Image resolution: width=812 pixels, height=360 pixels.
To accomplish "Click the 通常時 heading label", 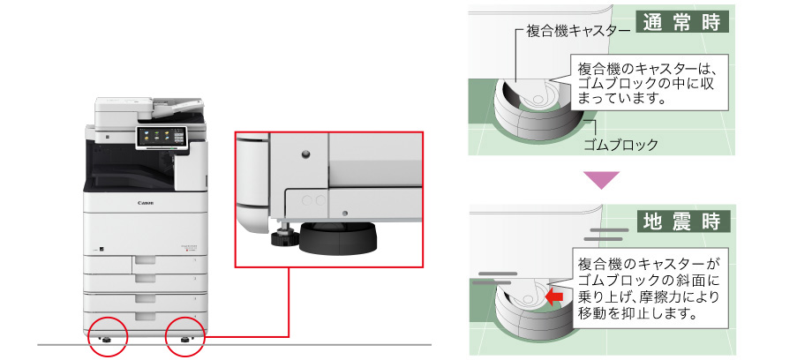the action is point(681,23).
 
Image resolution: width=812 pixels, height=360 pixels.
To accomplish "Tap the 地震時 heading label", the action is point(681,221).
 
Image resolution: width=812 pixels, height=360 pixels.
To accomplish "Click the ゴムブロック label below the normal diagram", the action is point(620,144).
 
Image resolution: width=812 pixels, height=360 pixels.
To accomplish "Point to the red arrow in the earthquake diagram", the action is point(554,296).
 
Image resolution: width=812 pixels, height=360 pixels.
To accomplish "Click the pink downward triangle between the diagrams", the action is point(601,180).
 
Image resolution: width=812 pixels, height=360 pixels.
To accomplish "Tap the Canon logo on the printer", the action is point(146,203).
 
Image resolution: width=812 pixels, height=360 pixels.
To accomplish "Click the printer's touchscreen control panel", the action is point(161,137).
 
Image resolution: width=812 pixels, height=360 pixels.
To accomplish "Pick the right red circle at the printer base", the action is point(185,335).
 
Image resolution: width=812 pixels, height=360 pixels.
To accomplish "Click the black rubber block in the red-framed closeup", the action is point(338,239).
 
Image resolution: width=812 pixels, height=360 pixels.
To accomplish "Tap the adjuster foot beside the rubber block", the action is point(284,235).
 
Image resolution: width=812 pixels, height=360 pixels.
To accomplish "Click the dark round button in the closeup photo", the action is point(305,154).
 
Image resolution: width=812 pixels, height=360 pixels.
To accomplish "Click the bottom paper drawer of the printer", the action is point(145,316).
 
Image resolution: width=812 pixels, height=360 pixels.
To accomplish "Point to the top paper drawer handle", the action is point(145,260).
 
